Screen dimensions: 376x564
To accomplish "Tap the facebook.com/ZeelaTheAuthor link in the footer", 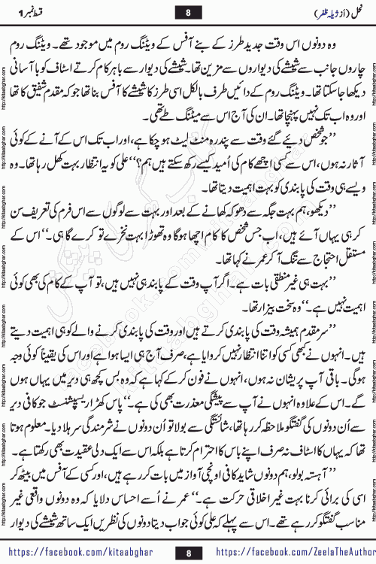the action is tap(304, 550).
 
